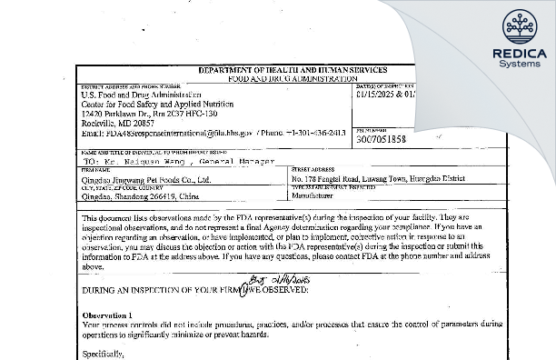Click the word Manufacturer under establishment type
(317, 194)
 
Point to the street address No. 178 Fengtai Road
(334, 179)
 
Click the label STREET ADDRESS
(310, 168)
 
